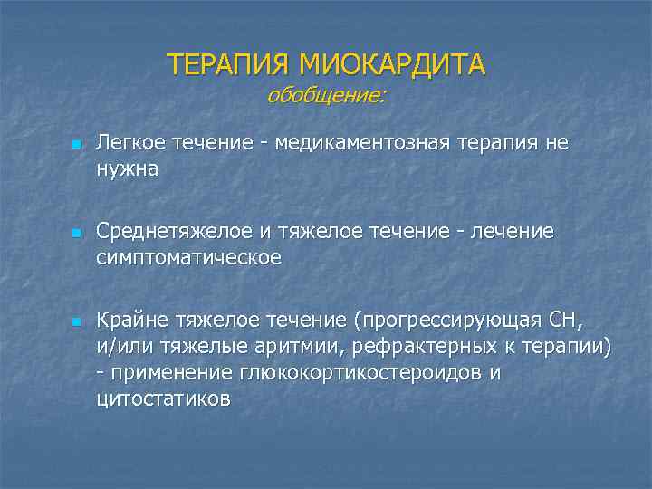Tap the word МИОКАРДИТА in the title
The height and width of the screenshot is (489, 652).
[x=392, y=65]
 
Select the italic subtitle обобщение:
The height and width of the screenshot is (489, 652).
[x=326, y=95]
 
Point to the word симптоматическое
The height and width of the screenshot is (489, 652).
[x=189, y=257]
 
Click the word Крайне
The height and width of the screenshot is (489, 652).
[x=129, y=321]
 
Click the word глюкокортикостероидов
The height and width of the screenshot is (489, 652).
[x=357, y=372]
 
